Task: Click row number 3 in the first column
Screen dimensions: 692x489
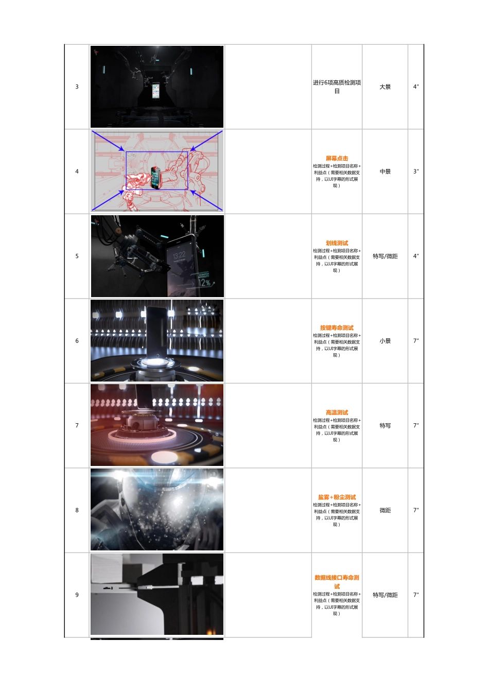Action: (77, 86)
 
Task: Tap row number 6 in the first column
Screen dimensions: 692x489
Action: (77, 341)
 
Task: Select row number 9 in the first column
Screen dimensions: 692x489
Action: (77, 595)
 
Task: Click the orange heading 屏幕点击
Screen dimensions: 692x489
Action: (337, 159)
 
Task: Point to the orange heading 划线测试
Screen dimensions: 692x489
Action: (337, 243)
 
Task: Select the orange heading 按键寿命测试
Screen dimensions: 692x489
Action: (337, 328)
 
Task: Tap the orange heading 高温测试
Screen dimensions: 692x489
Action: (337, 412)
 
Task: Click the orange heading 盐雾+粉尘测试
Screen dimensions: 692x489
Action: (337, 497)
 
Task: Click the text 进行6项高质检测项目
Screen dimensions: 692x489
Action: (337, 86)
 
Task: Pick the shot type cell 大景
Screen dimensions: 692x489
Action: (385, 86)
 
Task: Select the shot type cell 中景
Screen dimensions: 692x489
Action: (385, 171)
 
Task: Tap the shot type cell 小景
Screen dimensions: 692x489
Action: (385, 341)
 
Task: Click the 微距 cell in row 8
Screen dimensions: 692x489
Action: (385, 510)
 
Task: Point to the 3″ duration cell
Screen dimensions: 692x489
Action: (416, 171)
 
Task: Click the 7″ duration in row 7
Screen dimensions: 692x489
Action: (416, 425)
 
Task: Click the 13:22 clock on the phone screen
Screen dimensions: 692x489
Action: (179, 255)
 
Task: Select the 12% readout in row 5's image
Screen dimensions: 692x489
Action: (204, 283)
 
